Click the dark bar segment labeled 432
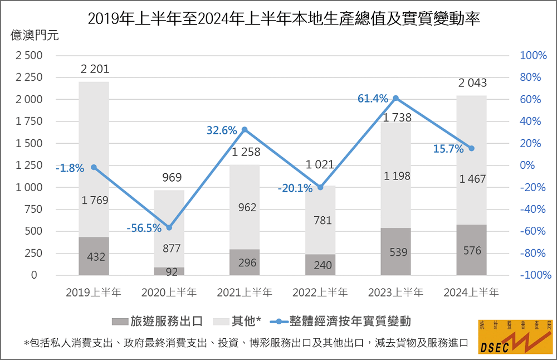(94, 256)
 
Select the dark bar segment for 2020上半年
(169, 271)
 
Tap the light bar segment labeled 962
(245, 207)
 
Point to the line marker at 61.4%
(396, 98)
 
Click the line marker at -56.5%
(169, 227)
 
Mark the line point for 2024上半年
(471, 148)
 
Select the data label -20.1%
(295, 188)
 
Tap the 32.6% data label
(222, 130)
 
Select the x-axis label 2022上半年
(320, 292)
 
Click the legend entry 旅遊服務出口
(161, 321)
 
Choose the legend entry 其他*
(246, 321)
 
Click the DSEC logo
(515, 337)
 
